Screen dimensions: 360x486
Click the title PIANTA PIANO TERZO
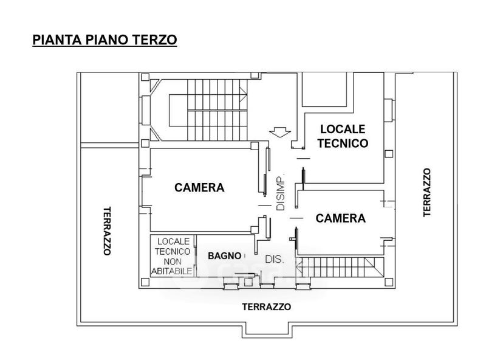tap(104, 40)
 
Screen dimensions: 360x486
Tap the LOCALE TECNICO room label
tap(343, 136)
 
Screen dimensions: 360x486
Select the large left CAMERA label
tap(199, 187)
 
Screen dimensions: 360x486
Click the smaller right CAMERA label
tap(341, 218)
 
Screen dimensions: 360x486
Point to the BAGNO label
tap(224, 256)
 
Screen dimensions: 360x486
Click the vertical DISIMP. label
tap(281, 193)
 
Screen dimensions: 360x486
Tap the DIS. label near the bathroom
tap(275, 260)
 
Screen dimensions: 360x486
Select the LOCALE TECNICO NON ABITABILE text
tap(173, 256)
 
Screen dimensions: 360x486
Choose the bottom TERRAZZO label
tap(266, 307)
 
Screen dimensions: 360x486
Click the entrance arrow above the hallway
tap(279, 132)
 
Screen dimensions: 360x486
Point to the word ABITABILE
tap(173, 271)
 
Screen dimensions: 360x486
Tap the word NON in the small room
tap(173, 261)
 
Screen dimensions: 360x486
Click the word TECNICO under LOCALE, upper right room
tap(343, 144)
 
